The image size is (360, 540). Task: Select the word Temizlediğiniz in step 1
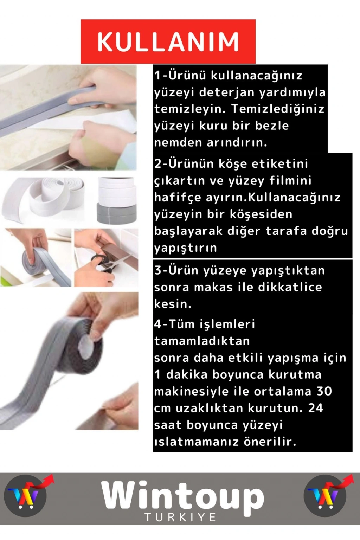point(278,109)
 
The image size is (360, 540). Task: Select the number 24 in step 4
point(315,408)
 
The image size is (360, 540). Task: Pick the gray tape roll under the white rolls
point(117,213)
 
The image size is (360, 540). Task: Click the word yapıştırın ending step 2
point(185,248)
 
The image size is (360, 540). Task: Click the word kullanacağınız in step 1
point(256,76)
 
